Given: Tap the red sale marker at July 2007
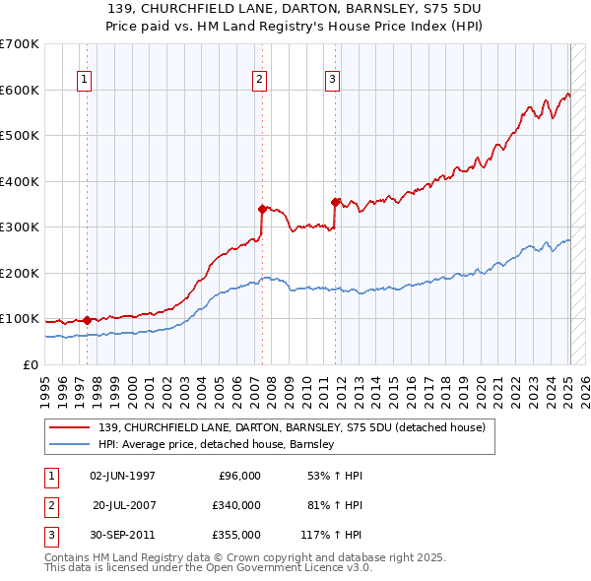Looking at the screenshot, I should click(x=262, y=209).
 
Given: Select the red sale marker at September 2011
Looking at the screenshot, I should click(x=336, y=202).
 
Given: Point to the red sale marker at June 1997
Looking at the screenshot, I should click(x=87, y=320).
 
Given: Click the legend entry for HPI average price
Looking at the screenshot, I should click(x=217, y=444).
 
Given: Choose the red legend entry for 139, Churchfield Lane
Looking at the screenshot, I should click(x=292, y=427).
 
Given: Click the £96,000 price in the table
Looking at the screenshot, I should click(x=239, y=476).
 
